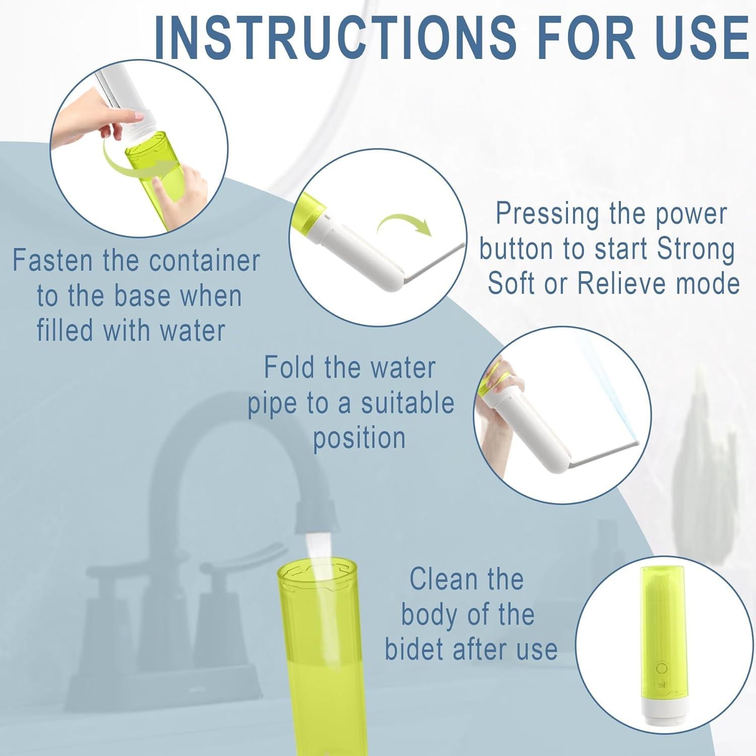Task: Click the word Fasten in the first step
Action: click(x=52, y=261)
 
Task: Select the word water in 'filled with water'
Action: click(x=192, y=331)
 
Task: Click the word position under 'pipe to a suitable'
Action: click(x=359, y=437)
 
